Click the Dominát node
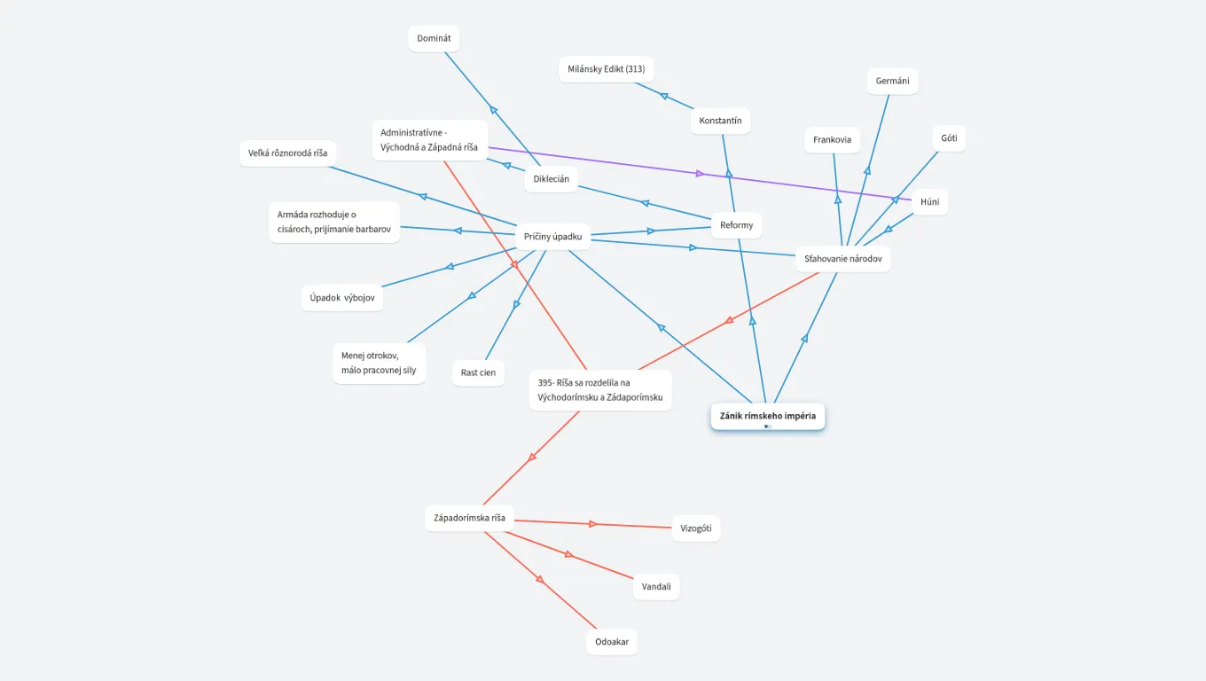[x=434, y=39]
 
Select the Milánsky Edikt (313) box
[x=606, y=69]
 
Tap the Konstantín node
[x=720, y=121]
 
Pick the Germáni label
[x=892, y=82]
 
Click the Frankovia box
[x=832, y=140]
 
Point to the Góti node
[x=949, y=138]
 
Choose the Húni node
[x=929, y=202]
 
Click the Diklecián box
[x=551, y=179]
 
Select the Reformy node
[x=736, y=225]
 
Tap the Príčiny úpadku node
[x=552, y=237]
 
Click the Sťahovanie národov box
[x=842, y=259]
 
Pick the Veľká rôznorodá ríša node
[x=287, y=153]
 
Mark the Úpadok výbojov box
[x=342, y=298]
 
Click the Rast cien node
[x=478, y=372]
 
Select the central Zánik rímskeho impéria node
[x=767, y=416]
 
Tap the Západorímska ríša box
[x=469, y=518]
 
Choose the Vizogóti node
[x=695, y=528]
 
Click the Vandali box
[x=656, y=587]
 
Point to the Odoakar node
[x=611, y=642]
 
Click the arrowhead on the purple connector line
[x=700, y=174]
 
